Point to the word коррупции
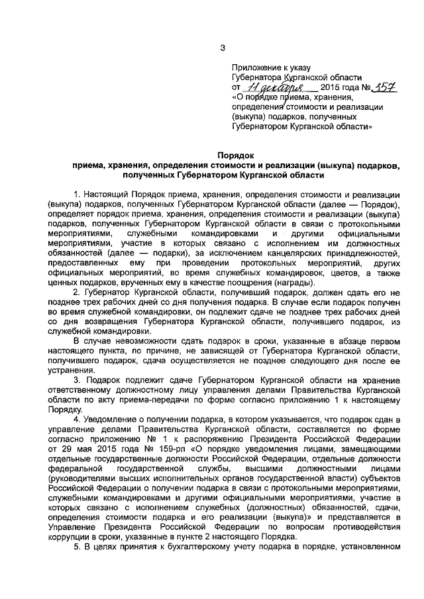(70, 538)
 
